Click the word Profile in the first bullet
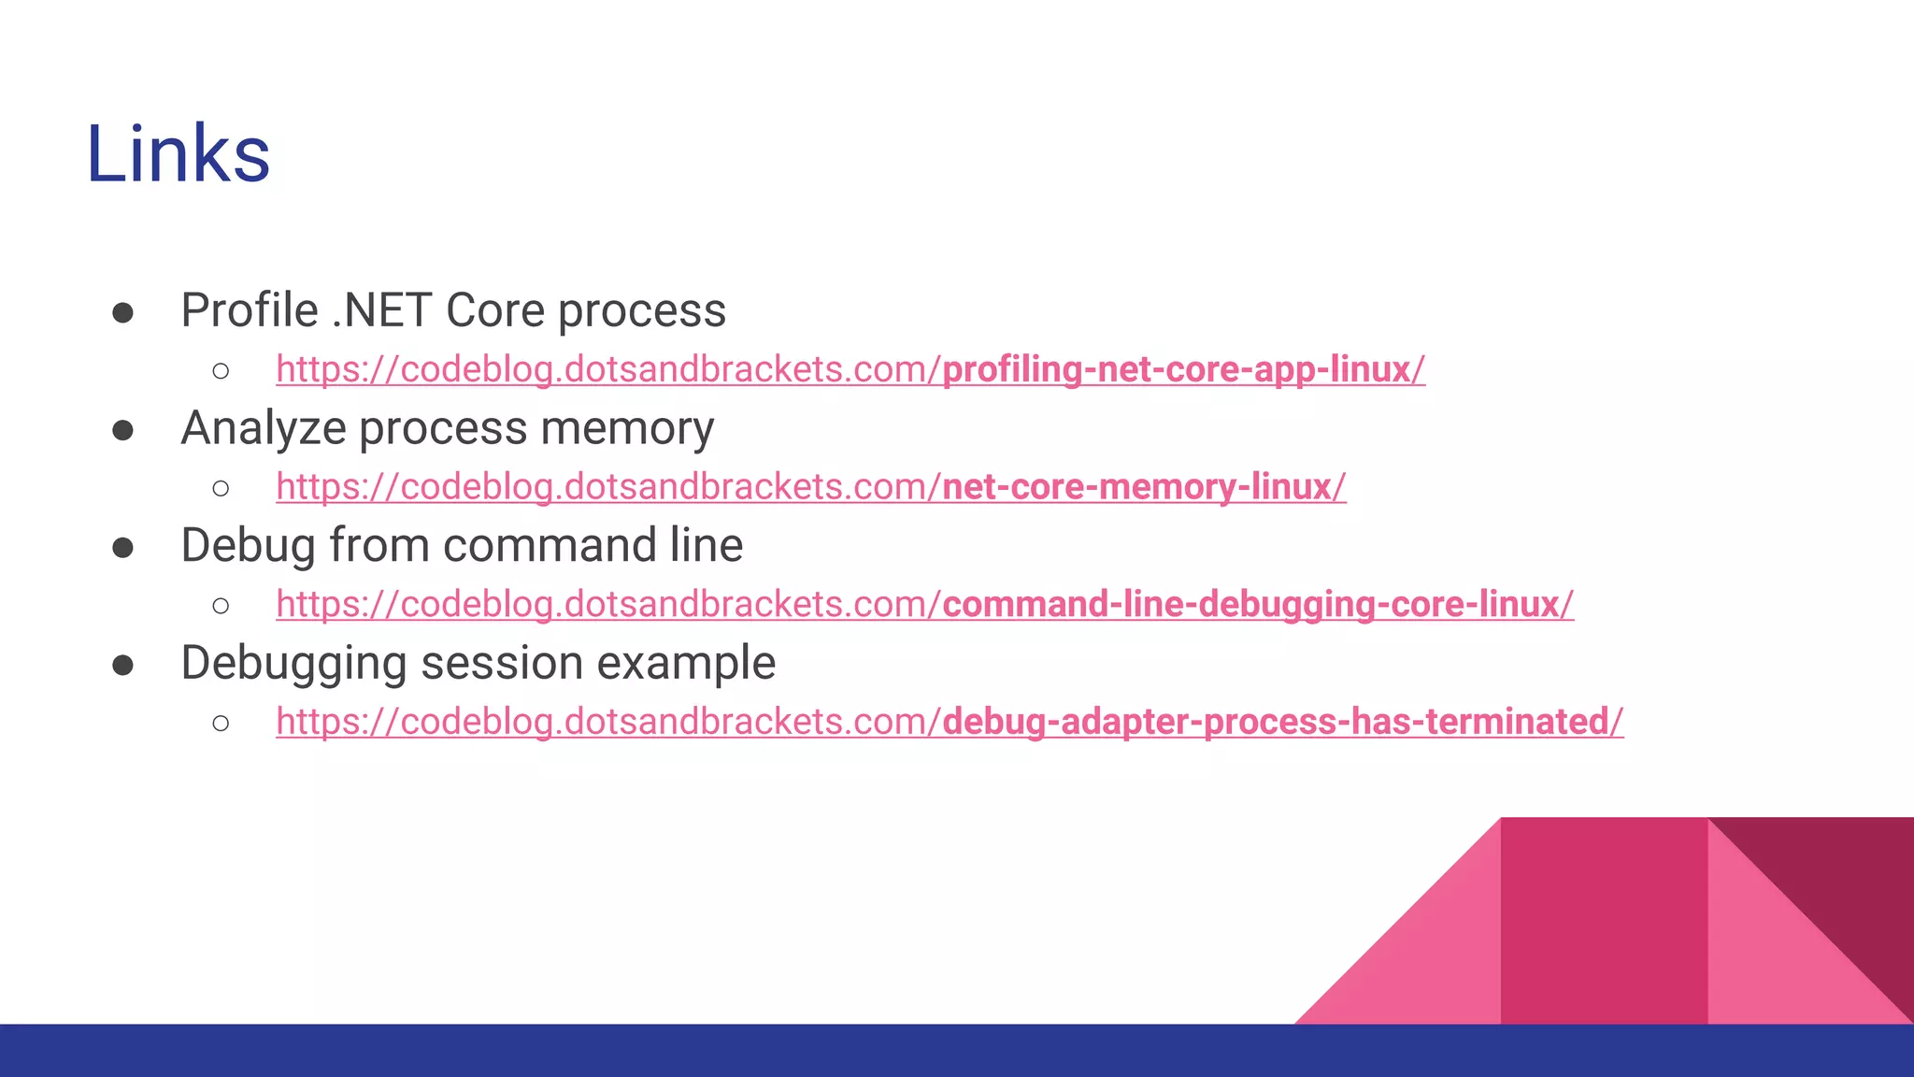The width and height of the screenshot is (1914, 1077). pos(250,310)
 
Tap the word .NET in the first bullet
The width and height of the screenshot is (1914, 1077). pos(381,310)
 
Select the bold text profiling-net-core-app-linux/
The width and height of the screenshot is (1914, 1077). pos(1183,370)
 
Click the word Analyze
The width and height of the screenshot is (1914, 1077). pos(264,429)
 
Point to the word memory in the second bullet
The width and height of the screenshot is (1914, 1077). pos(627,429)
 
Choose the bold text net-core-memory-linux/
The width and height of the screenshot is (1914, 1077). pos(1144,488)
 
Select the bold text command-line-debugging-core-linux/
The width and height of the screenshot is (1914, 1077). pos(1258,605)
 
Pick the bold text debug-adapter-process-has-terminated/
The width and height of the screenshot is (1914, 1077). pos(1282,723)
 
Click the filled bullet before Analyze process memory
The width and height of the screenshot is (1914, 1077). pos(122,431)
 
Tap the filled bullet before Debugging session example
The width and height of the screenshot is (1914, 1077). pos(122,666)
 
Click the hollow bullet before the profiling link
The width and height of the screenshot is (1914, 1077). pos(221,371)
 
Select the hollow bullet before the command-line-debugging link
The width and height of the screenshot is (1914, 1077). pos(221,606)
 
